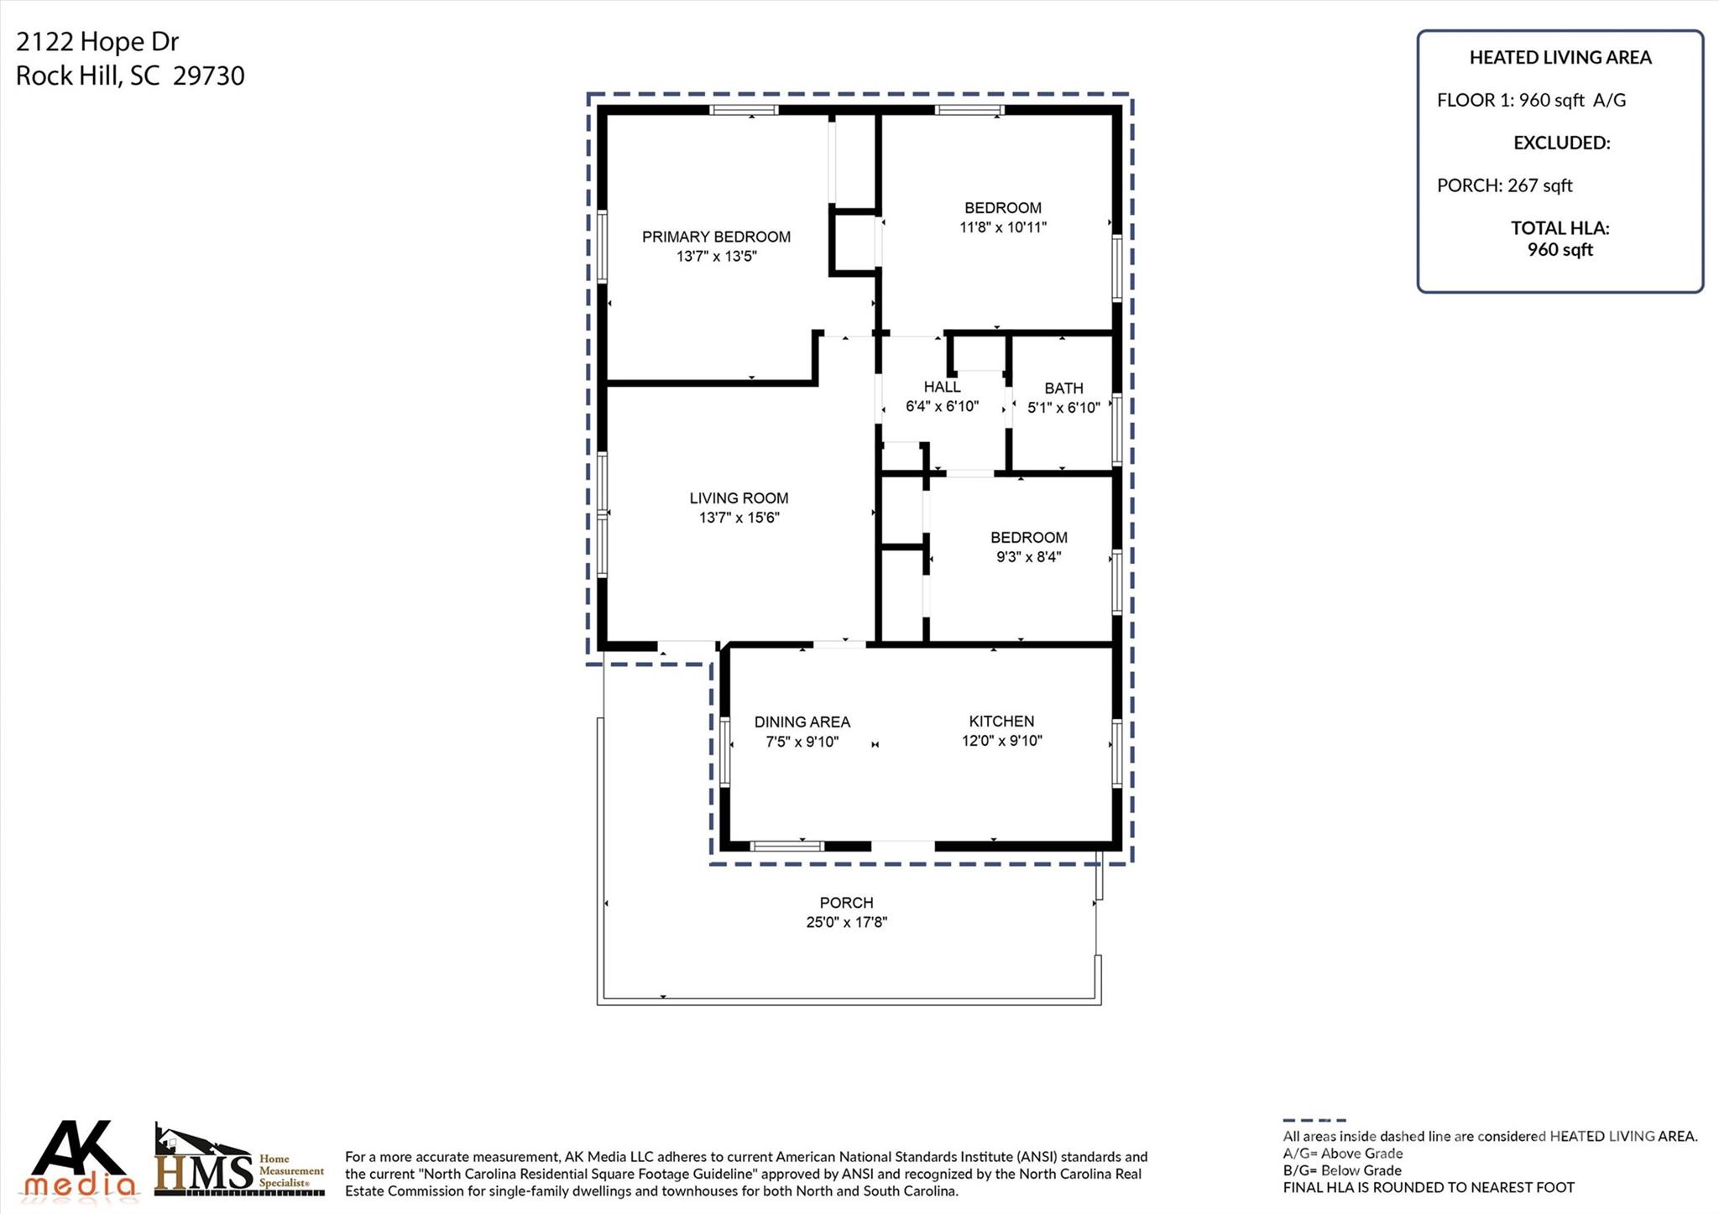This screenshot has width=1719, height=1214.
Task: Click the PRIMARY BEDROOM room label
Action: point(716,237)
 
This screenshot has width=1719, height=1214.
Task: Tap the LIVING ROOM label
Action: point(739,498)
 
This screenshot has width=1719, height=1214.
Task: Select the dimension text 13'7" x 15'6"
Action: point(739,518)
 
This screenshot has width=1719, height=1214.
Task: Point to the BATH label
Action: point(1063,388)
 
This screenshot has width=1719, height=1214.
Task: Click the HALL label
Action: point(942,387)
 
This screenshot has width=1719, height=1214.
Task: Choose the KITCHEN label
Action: point(1001,722)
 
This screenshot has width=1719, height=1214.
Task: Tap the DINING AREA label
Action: point(802,722)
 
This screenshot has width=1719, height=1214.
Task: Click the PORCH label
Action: point(846,903)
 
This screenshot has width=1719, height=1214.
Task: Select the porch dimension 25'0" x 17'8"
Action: point(846,923)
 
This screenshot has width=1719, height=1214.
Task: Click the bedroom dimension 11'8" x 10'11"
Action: point(1003,227)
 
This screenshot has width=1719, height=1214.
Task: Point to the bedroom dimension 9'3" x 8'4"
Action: point(1029,557)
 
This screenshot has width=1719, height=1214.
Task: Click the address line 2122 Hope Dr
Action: point(97,42)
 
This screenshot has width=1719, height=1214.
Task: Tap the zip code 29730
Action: point(209,76)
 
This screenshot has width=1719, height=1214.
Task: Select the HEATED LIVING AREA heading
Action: point(1560,58)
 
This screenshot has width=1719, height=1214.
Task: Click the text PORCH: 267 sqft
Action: point(1504,185)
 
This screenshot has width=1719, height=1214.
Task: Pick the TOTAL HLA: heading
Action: point(1560,228)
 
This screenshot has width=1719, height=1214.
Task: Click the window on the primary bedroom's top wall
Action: point(744,110)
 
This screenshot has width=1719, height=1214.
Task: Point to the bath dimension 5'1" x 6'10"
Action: point(1063,409)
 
